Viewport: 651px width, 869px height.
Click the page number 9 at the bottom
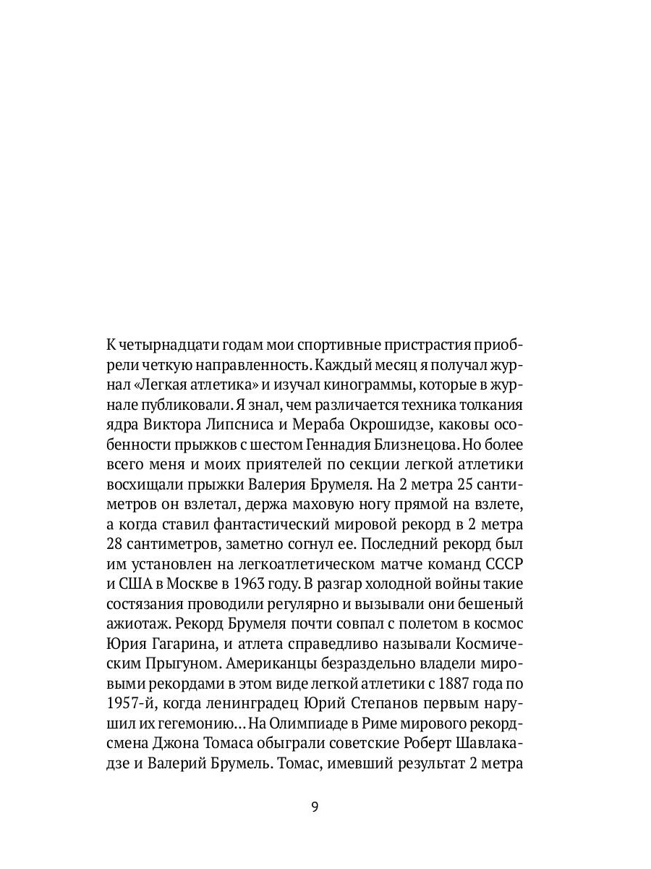pyautogui.click(x=315, y=807)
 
